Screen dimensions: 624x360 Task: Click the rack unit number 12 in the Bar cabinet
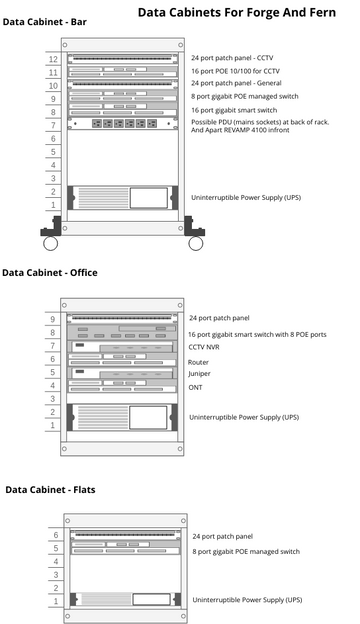tap(53, 60)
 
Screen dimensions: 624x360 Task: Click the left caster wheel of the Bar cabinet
tap(50, 243)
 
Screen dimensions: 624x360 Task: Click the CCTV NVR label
tap(205, 347)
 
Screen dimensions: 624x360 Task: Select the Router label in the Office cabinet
tap(198, 362)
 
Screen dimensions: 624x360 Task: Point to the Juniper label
tap(199, 374)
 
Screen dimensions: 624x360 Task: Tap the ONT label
tap(195, 387)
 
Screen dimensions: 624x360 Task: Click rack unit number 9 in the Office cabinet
tap(53, 319)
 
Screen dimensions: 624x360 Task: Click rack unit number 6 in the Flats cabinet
tap(56, 536)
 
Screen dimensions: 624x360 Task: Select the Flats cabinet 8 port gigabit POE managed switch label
tap(246, 552)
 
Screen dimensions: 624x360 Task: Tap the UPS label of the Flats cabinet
tap(246, 600)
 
